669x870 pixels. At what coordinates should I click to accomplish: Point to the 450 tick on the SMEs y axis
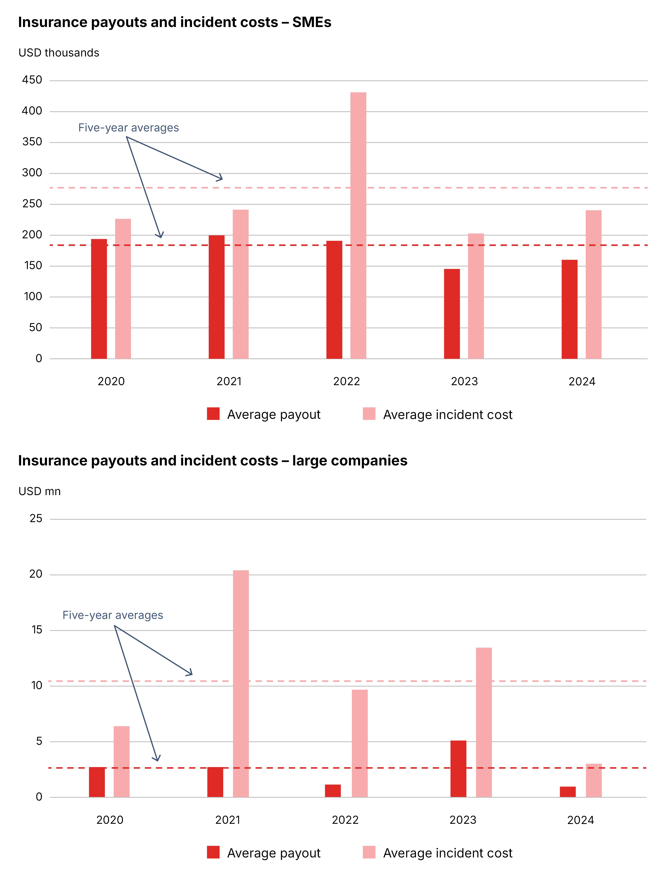(32, 80)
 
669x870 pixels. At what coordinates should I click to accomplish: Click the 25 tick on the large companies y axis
(36, 518)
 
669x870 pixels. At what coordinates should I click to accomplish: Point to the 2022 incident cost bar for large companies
(360, 743)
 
